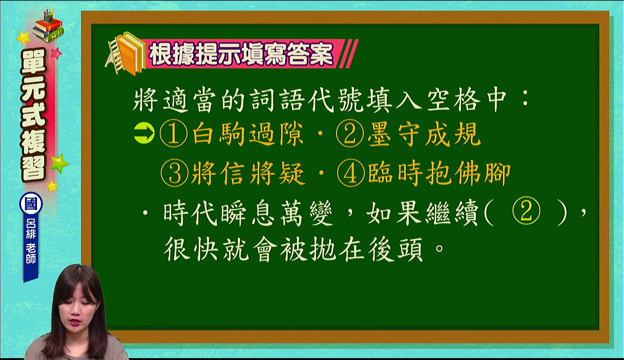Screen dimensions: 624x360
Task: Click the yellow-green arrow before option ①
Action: coord(144,133)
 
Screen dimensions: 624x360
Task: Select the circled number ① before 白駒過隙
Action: coord(174,134)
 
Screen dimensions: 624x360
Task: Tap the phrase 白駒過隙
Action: coord(248,134)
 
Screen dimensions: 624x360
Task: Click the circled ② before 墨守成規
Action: coord(350,134)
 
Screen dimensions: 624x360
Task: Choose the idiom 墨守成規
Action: coord(424,134)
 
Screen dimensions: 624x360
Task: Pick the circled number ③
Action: coord(175,173)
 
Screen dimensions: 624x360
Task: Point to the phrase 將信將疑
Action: coord(248,173)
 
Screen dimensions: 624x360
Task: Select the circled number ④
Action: coord(351,173)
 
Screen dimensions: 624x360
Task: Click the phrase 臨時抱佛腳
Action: coord(439,173)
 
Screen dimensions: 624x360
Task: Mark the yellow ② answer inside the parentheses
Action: coord(526,211)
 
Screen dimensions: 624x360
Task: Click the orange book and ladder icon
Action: coord(125,54)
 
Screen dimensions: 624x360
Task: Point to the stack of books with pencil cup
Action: coord(48,26)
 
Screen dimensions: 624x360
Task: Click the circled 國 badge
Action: coord(31,203)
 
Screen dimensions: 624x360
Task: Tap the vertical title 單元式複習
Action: coord(34,115)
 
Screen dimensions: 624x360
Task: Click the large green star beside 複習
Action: coord(59,163)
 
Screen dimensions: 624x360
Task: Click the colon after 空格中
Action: coord(526,99)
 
